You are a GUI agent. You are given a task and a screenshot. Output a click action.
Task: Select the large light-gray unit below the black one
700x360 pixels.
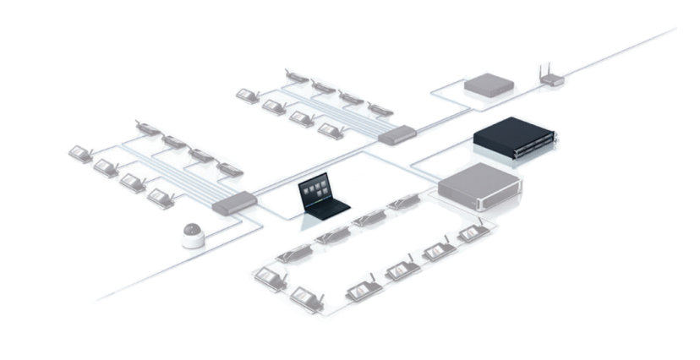(479, 187)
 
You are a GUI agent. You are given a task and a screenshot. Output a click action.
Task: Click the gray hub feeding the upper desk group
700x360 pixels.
(397, 134)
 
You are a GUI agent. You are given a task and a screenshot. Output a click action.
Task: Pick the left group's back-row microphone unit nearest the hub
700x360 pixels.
(229, 167)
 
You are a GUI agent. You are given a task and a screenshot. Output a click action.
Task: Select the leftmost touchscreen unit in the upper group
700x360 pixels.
(248, 95)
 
